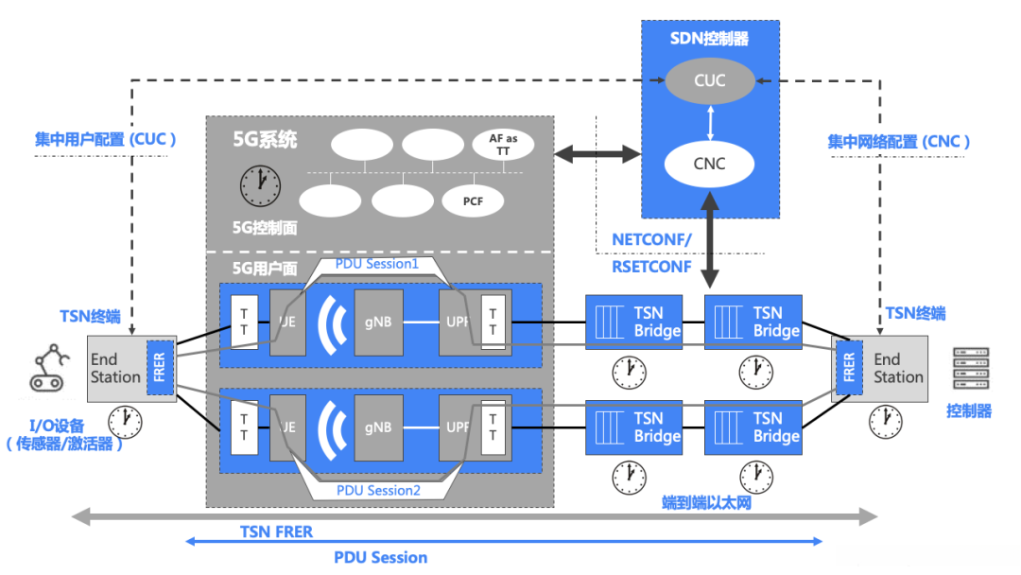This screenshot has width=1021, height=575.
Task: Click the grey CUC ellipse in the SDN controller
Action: pyautogui.click(x=709, y=80)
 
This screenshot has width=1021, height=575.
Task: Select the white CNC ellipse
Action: pyautogui.click(x=709, y=164)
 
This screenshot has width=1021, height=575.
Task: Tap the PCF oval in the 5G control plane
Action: pyautogui.click(x=473, y=200)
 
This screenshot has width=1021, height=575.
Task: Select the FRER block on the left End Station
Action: pyautogui.click(x=158, y=367)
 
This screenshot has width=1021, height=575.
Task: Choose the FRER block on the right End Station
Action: pyautogui.click(x=848, y=367)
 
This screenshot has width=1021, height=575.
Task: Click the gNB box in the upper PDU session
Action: pyautogui.click(x=377, y=322)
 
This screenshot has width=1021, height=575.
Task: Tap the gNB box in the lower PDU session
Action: pyautogui.click(x=377, y=427)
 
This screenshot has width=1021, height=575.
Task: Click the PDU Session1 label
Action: pyautogui.click(x=377, y=264)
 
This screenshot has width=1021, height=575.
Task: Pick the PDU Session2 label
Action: pyautogui.click(x=377, y=490)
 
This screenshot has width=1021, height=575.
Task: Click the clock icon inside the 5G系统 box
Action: pyautogui.click(x=261, y=184)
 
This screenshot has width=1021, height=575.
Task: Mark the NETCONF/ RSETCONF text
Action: pyautogui.click(x=652, y=253)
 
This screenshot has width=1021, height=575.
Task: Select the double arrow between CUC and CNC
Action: pyautogui.click(x=709, y=122)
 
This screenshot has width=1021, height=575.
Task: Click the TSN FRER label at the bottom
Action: pyautogui.click(x=276, y=532)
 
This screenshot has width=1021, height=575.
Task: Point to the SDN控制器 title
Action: pyautogui.click(x=709, y=39)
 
